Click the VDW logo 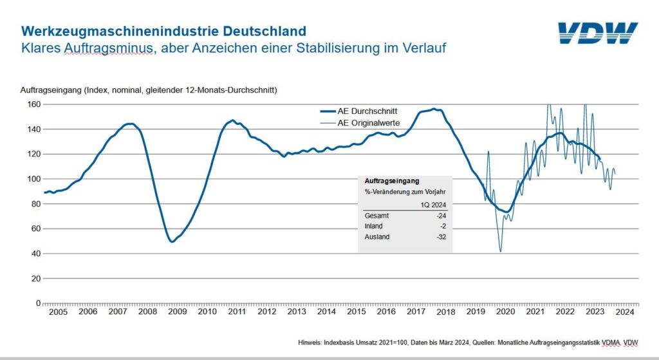[x=597, y=33]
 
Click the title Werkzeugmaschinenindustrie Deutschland [x=163, y=31]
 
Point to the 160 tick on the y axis [x=34, y=104]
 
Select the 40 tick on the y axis [x=36, y=254]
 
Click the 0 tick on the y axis [x=39, y=303]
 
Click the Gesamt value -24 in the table [x=441, y=215]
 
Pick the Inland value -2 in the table [x=443, y=226]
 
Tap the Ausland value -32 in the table [x=441, y=237]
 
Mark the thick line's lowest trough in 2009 [x=172, y=242]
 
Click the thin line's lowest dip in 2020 [x=500, y=251]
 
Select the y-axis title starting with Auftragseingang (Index [x=153, y=90]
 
